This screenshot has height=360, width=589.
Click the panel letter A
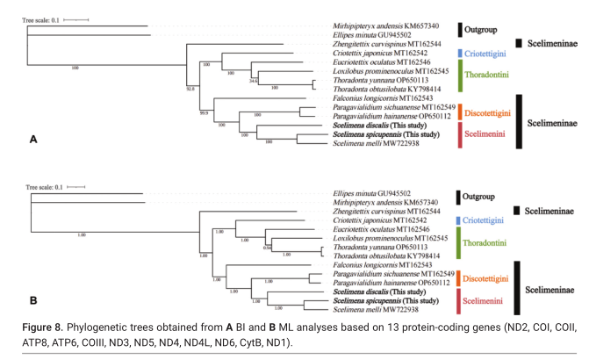33,140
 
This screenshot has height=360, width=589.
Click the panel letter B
33,300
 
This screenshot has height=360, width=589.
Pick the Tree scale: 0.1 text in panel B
46,186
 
